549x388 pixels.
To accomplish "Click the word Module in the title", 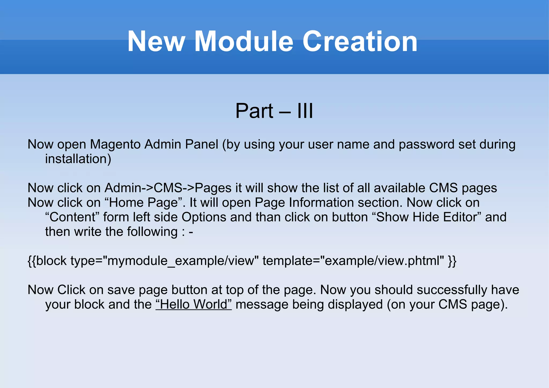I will tap(244, 42).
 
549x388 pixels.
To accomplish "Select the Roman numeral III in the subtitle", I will tap(305, 111).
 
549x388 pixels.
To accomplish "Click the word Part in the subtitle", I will tap(254, 111).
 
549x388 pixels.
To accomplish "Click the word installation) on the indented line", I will tap(78, 159).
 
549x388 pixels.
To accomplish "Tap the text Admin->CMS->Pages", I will tap(168, 188).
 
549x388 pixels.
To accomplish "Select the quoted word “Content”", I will tap(72, 217).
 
